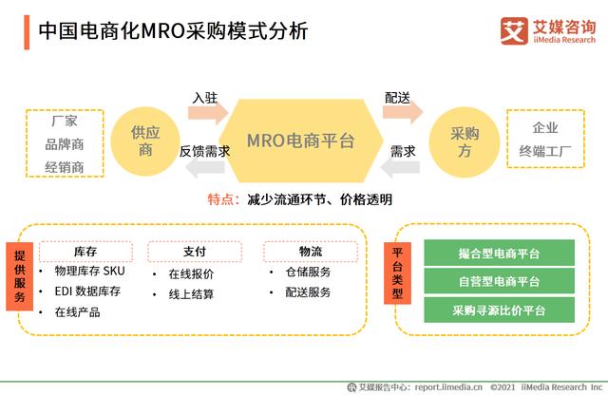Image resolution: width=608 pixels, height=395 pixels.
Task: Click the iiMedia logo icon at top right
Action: pyautogui.click(x=514, y=30)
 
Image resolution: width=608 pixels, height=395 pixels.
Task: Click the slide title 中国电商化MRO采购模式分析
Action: pyautogui.click(x=173, y=30)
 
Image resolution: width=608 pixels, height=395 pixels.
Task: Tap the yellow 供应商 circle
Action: pyautogui.click(x=145, y=140)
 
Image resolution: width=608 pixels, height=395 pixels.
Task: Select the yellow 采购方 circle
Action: pyautogui.click(x=464, y=140)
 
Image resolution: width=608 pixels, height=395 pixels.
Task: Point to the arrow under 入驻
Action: pyautogui.click(x=206, y=113)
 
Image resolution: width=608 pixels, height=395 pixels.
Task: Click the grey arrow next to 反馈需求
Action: pyautogui.click(x=202, y=168)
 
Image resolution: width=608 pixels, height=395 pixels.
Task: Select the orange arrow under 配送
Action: pyautogui.click(x=400, y=113)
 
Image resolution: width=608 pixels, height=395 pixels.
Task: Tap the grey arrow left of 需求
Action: pyautogui.click(x=402, y=168)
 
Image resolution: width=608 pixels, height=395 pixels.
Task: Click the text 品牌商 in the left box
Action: pyautogui.click(x=65, y=145)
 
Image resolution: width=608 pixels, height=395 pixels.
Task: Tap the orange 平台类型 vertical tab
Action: pyautogui.click(x=400, y=279)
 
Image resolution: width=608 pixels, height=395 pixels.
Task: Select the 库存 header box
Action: pyautogui.click(x=85, y=252)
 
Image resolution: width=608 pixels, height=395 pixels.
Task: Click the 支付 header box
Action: pyautogui.click(x=195, y=252)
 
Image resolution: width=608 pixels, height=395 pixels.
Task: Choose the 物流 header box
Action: pyautogui.click(x=310, y=252)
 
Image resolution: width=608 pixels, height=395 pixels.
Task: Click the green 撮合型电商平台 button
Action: pyautogui.click(x=499, y=253)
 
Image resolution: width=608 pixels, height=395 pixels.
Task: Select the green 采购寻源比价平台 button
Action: pyautogui.click(x=499, y=310)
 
